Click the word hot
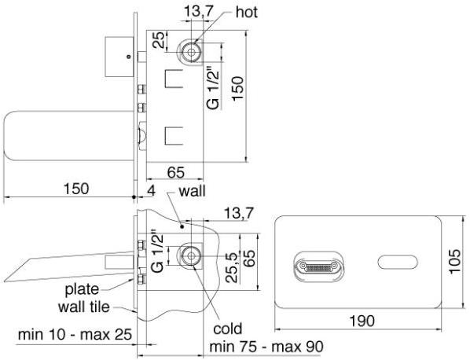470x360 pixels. click(x=246, y=13)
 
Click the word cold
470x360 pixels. click(x=227, y=329)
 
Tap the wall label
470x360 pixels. click(x=192, y=191)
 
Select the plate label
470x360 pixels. click(x=82, y=290)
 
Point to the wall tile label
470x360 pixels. click(x=84, y=307)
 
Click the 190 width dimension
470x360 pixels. click(x=362, y=321)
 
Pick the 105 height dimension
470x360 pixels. click(x=454, y=261)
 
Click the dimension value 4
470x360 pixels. click(x=152, y=191)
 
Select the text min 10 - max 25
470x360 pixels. click(x=75, y=335)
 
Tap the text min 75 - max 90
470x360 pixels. click(x=266, y=347)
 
